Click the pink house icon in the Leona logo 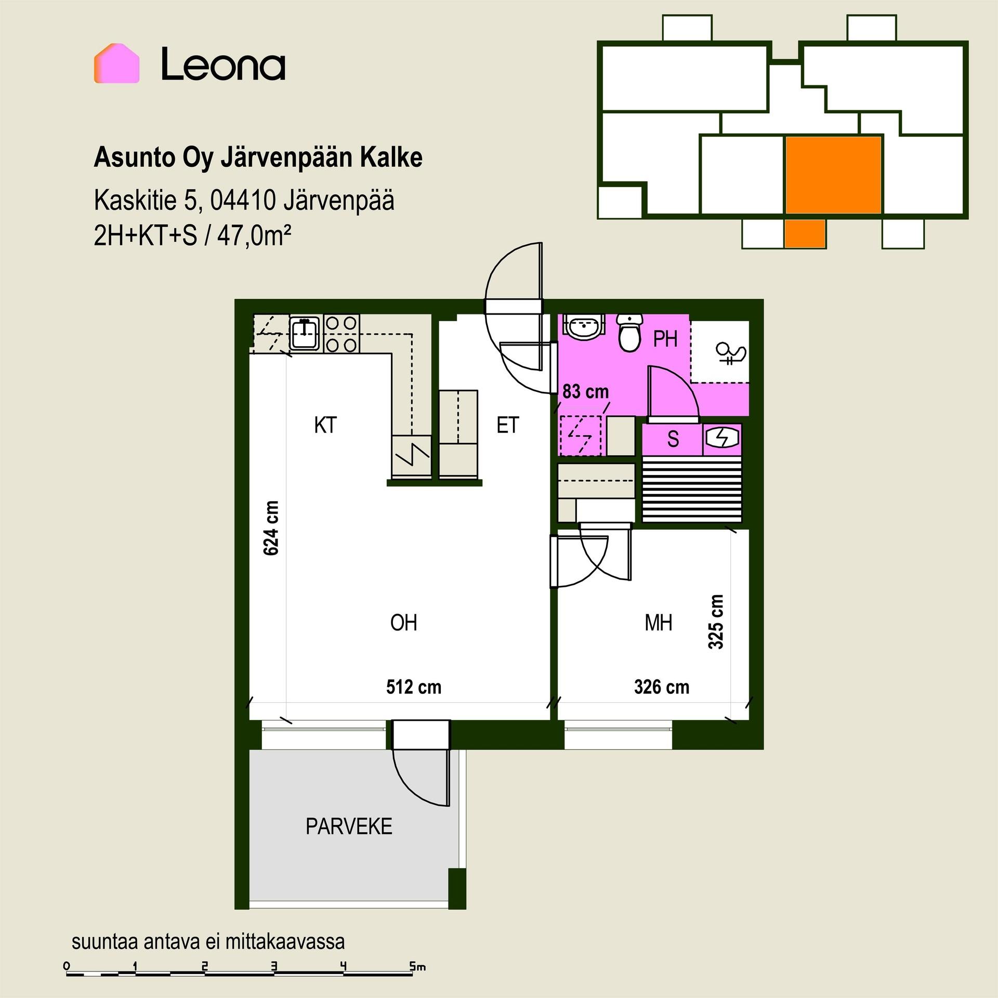pyautogui.click(x=116, y=63)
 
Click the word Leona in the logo pyautogui.click(x=223, y=64)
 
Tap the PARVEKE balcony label pyautogui.click(x=349, y=826)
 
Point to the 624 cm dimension pyautogui.click(x=271, y=528)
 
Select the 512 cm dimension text pyautogui.click(x=414, y=687)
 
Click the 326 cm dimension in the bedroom pyautogui.click(x=662, y=687)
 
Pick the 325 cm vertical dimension pyautogui.click(x=716, y=622)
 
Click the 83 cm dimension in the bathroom pyautogui.click(x=586, y=391)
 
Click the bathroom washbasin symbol pyautogui.click(x=584, y=326)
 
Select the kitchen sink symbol pyautogui.click(x=306, y=333)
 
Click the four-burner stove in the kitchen pyautogui.click(x=342, y=333)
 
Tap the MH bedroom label pyautogui.click(x=659, y=622)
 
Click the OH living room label pyautogui.click(x=403, y=622)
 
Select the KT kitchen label pyautogui.click(x=325, y=425)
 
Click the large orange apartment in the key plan pyautogui.click(x=833, y=175)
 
